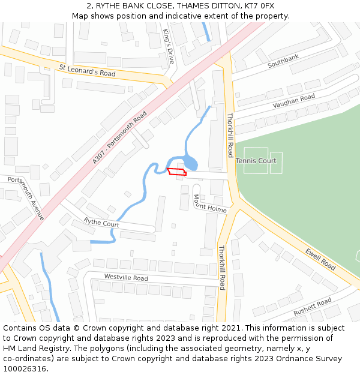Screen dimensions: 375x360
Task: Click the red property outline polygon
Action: [x=177, y=172]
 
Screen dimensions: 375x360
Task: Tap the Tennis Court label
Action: [x=256, y=161]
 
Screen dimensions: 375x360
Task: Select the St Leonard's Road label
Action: [x=87, y=70]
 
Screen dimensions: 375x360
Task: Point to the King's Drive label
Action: [x=169, y=47]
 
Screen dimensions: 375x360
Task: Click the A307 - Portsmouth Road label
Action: [x=119, y=137]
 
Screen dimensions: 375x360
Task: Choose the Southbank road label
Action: [x=283, y=60]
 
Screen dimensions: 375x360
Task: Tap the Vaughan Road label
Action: [x=293, y=101]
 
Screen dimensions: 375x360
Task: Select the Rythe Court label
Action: [x=101, y=223]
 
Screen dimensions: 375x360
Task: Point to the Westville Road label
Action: [x=125, y=278]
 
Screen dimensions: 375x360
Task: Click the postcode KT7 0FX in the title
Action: [x=259, y=5]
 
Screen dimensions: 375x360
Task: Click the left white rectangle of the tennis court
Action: [x=256, y=161]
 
